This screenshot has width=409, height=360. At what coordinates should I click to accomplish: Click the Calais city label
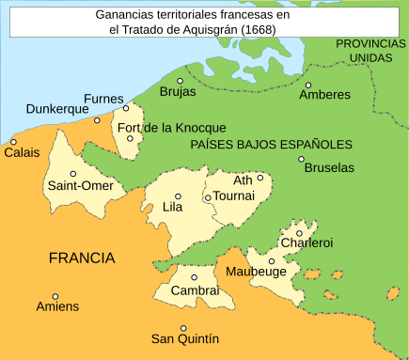[x=22, y=153]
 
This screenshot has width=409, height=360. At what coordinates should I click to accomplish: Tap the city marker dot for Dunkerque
[x=96, y=119]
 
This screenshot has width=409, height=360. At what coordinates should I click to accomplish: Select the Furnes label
[x=103, y=99]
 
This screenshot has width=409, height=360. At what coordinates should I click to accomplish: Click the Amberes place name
[x=324, y=95]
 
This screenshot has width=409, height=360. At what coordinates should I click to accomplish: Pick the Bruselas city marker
[x=302, y=158]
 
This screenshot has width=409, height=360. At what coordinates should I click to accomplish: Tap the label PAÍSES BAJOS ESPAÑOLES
[x=271, y=145]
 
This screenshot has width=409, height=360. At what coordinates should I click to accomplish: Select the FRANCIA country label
[x=82, y=258]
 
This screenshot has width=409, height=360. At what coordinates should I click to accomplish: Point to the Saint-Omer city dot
[x=72, y=173]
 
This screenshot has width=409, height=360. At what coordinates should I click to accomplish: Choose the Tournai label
[x=235, y=196]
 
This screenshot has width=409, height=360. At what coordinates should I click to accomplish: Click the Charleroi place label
[x=307, y=243]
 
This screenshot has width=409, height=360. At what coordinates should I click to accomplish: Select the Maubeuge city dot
[x=272, y=260]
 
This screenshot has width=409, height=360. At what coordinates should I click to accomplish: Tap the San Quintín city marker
[x=183, y=327]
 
